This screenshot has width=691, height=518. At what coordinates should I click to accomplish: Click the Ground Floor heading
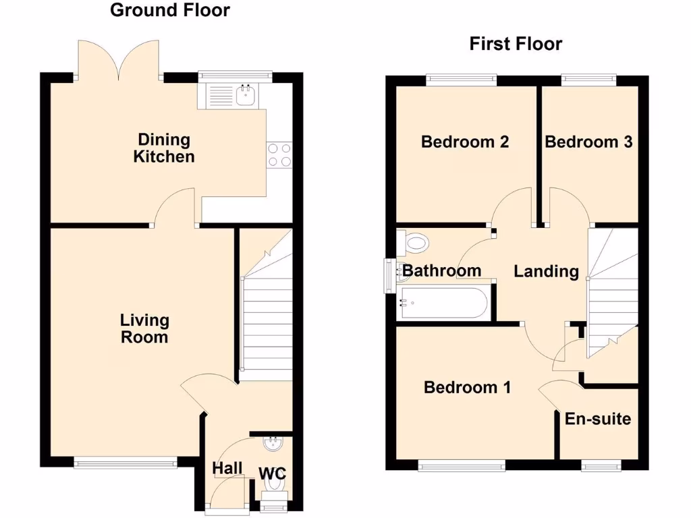(x=169, y=10)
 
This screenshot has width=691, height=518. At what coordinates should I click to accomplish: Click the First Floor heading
(x=516, y=45)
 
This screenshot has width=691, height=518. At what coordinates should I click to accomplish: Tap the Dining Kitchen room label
(x=164, y=148)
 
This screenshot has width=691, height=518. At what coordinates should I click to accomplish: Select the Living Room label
(x=144, y=328)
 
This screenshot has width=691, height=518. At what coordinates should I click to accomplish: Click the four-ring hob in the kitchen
(x=279, y=154)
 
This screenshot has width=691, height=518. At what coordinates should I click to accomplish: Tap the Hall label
(x=227, y=468)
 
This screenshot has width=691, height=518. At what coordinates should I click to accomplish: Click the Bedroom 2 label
(x=464, y=142)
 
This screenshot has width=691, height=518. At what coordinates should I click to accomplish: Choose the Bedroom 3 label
(x=588, y=142)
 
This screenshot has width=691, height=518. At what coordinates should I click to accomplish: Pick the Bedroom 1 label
(x=467, y=387)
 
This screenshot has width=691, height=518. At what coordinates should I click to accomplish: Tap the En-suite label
(x=598, y=419)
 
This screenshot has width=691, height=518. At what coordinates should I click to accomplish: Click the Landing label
(x=546, y=271)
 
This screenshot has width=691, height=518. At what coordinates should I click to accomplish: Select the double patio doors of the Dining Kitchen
(x=119, y=59)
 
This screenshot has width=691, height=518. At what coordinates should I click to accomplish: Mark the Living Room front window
(x=126, y=463)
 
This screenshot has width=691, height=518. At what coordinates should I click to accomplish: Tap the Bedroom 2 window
(x=461, y=80)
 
